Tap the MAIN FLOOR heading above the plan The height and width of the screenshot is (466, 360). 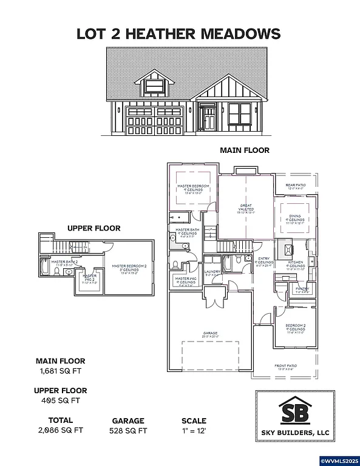click(x=245, y=150)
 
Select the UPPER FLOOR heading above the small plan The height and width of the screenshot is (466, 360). click(x=93, y=228)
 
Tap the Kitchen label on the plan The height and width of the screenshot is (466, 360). click(x=296, y=263)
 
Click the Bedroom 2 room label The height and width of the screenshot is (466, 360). click(x=294, y=328)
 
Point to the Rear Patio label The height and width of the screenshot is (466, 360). click(x=296, y=187)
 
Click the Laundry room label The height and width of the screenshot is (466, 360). click(x=212, y=273)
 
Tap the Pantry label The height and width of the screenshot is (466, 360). click(x=302, y=290)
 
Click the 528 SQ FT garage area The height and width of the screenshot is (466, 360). click(x=128, y=430)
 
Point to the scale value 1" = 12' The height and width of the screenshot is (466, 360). click(x=194, y=430)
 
